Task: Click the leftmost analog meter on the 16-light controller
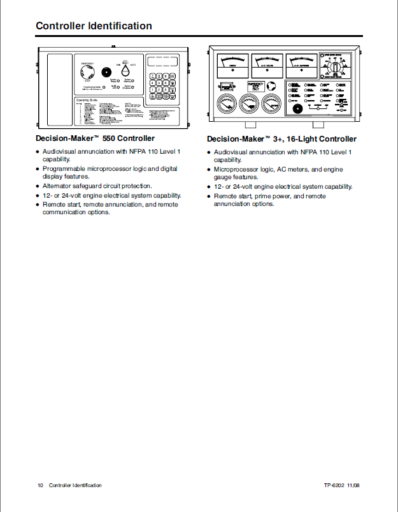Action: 233,62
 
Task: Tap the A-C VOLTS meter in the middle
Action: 267,62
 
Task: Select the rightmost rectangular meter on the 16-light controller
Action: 301,62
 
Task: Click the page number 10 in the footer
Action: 39,486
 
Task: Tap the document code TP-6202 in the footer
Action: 335,486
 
